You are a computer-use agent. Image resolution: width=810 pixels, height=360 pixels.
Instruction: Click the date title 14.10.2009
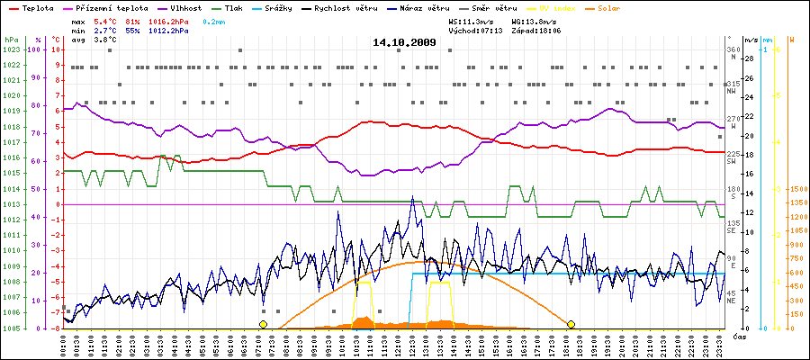(x=404, y=42)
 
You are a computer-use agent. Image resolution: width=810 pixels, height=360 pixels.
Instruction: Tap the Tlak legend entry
(x=234, y=7)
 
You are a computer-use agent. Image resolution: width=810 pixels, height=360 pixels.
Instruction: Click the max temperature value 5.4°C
(x=106, y=19)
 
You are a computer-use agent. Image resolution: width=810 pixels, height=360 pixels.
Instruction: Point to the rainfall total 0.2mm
(x=213, y=19)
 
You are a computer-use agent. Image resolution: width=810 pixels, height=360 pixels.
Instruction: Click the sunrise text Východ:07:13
(x=476, y=30)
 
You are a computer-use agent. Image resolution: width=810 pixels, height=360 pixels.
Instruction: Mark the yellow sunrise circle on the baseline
(x=263, y=324)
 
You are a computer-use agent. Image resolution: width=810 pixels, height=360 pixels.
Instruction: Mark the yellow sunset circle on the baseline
(x=571, y=324)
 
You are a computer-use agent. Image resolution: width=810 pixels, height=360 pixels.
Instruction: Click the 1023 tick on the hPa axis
(x=11, y=49)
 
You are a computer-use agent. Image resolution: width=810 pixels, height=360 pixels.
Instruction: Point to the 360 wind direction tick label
(x=732, y=49)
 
